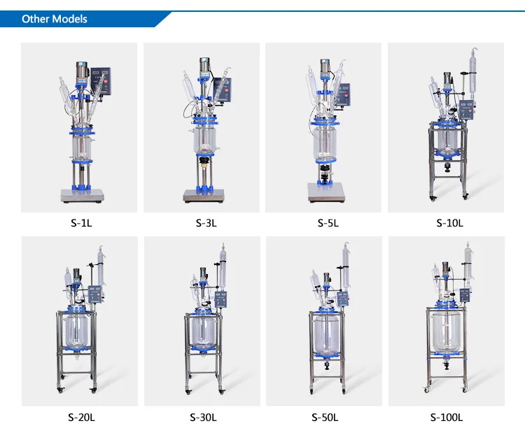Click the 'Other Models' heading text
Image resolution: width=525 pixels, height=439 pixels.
[54, 19]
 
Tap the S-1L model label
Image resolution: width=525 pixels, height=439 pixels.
[81, 223]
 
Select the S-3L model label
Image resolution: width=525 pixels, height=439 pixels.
[206, 223]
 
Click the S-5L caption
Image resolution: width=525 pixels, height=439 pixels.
[328, 223]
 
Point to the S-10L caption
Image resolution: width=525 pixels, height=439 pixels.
[449, 223]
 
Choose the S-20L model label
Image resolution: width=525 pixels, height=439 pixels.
[81, 417]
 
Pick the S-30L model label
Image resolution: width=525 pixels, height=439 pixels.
[203, 417]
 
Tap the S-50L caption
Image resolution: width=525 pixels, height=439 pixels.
[325, 417]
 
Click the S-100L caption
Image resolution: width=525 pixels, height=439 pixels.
[447, 417]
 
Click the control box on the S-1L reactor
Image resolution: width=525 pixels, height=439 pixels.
[101, 81]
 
